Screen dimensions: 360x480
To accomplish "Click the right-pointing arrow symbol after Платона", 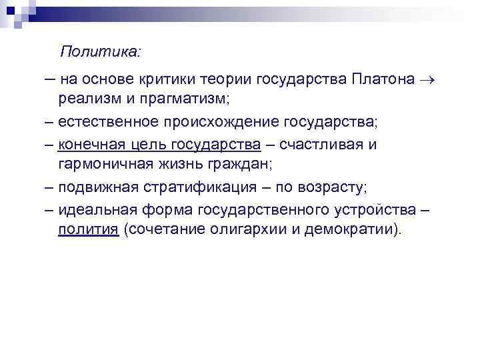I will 427,81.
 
